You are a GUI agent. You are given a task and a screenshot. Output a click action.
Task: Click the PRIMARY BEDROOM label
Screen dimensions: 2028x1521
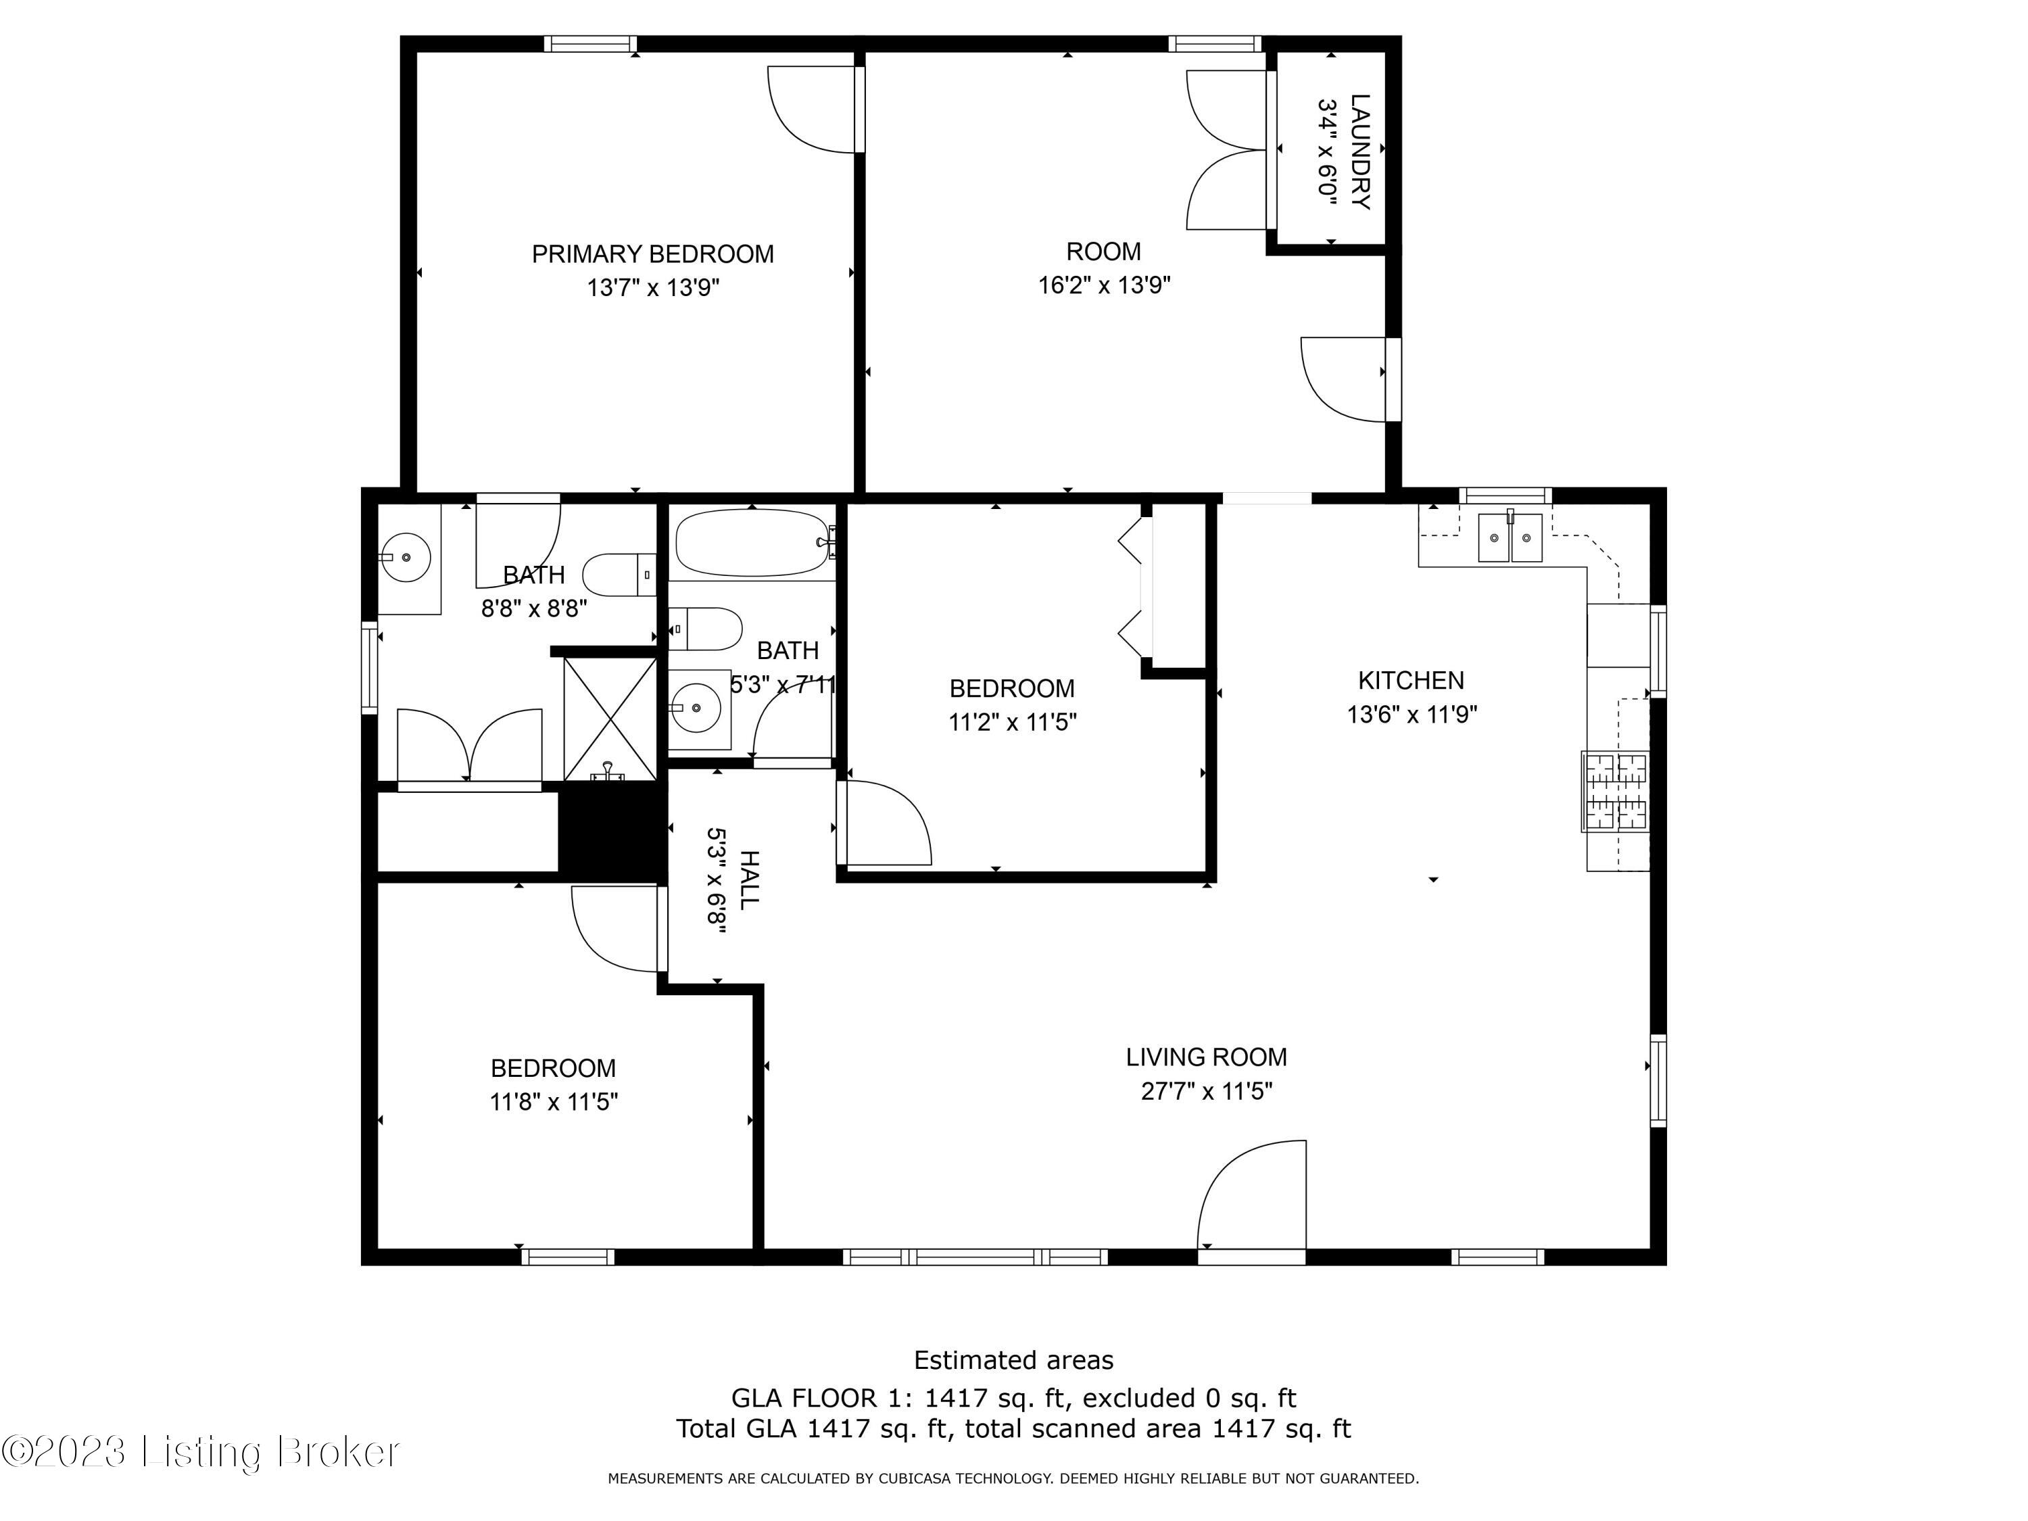(x=653, y=254)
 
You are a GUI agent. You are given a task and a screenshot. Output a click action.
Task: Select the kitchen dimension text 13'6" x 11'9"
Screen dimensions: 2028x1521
(x=1412, y=713)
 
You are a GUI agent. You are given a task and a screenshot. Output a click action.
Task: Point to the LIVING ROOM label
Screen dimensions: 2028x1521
(x=1207, y=1057)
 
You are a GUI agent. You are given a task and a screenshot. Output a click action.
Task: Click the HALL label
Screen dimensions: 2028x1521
(x=749, y=880)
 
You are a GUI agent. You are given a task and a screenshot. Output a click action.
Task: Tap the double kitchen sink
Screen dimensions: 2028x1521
(x=1510, y=537)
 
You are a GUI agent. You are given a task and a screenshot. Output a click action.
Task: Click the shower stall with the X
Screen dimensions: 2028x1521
(x=610, y=720)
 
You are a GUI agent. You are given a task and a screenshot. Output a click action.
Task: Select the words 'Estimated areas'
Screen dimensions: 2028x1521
(x=1014, y=1359)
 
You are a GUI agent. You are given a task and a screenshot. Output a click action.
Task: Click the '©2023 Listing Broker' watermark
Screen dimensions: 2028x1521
(x=201, y=1451)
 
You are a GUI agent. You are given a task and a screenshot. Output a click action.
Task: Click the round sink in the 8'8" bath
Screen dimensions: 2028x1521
(x=405, y=556)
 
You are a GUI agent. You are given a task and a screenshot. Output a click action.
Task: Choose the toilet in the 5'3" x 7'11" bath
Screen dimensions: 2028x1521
(x=705, y=629)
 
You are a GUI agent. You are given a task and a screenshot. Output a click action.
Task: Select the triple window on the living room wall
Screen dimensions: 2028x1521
(x=975, y=1257)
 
